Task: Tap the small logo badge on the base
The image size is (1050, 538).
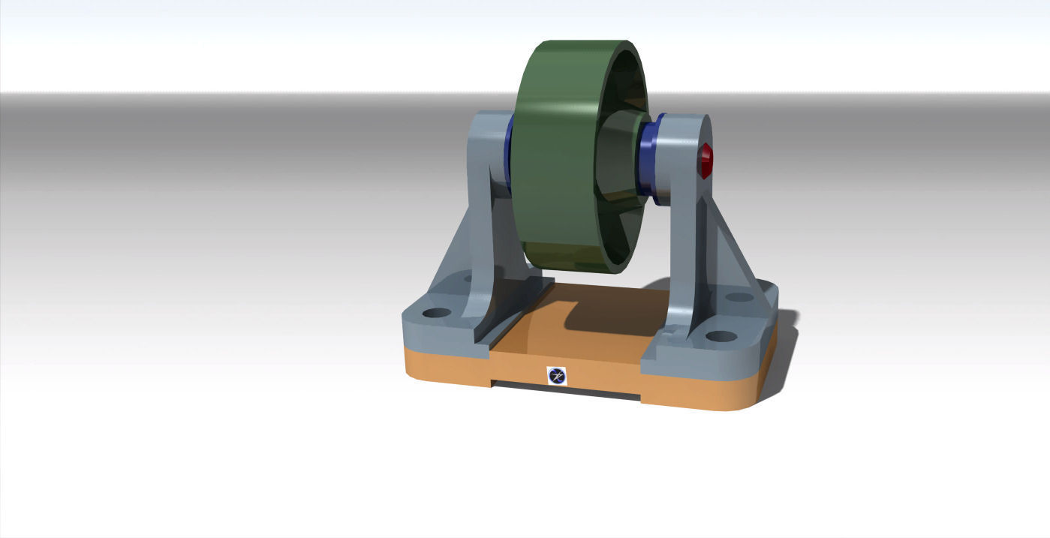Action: pyautogui.click(x=556, y=376)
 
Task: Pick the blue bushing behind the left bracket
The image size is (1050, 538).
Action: pyautogui.click(x=509, y=150)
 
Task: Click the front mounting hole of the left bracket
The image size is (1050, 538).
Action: pyautogui.click(x=436, y=312)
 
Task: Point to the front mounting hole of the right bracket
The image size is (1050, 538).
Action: pyautogui.click(x=719, y=336)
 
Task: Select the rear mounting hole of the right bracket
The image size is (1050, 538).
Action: pyautogui.click(x=739, y=297)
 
